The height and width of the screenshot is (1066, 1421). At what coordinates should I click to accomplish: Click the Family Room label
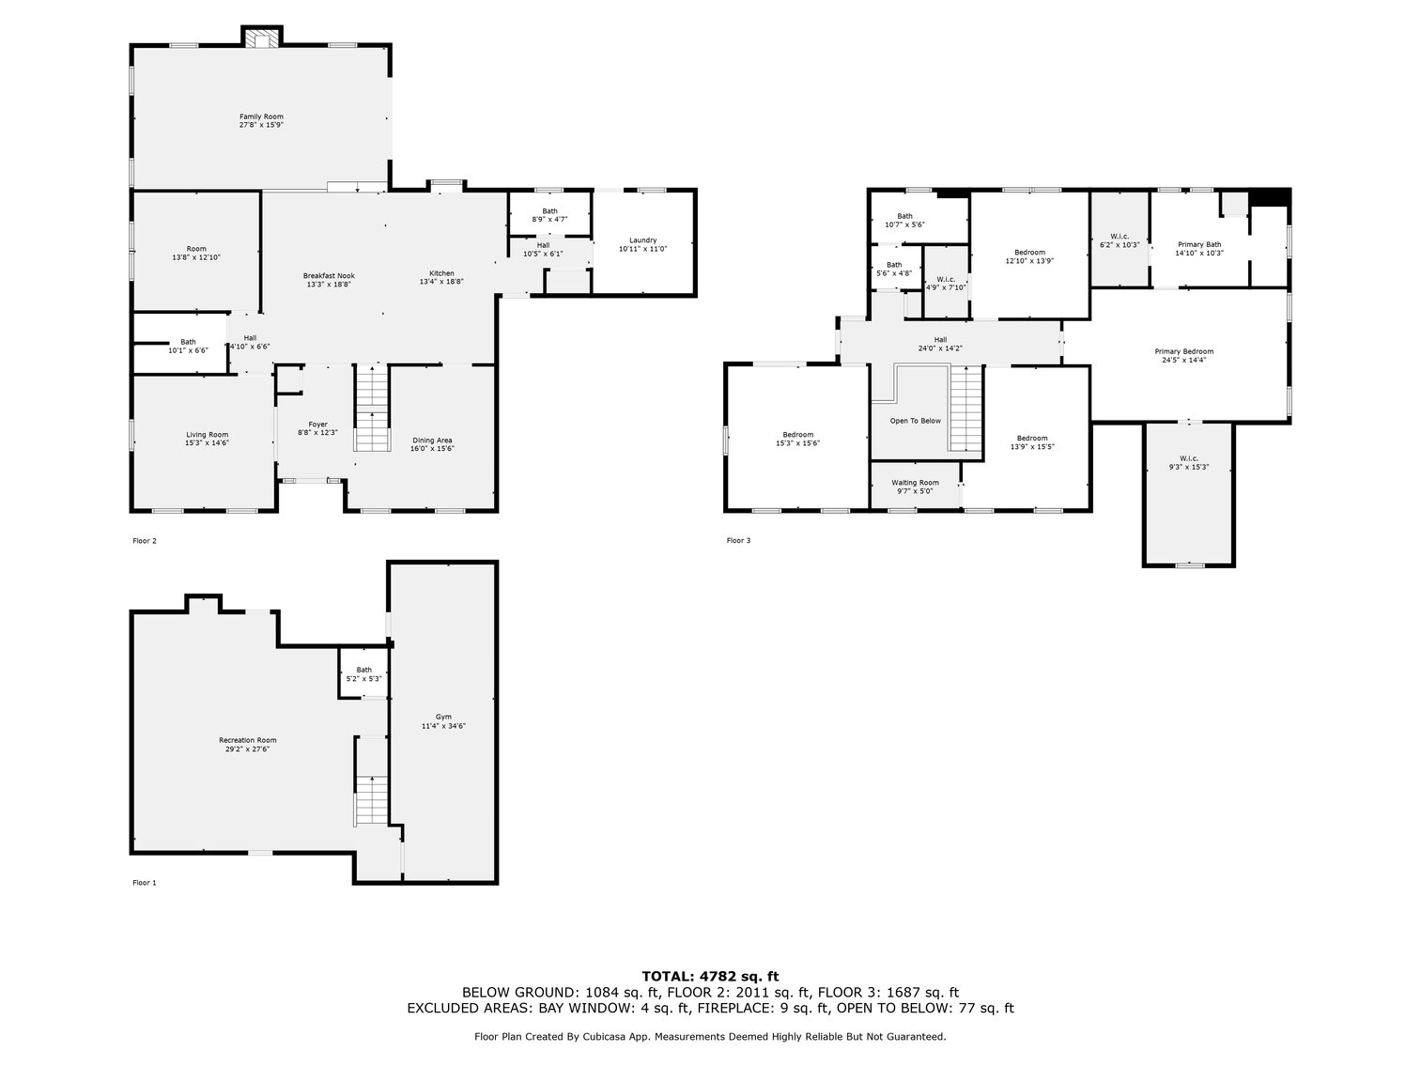tap(260, 116)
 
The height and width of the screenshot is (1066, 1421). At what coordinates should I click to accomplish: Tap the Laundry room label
tap(642, 239)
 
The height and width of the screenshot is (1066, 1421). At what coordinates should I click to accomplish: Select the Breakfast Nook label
tap(329, 275)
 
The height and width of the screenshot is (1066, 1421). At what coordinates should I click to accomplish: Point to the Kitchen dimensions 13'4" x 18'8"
tap(440, 282)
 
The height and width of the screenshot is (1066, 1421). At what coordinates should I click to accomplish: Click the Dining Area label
tap(432, 440)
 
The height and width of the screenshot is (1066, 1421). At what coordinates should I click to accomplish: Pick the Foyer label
tap(318, 424)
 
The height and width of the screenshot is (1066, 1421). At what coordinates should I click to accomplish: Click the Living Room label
tap(207, 434)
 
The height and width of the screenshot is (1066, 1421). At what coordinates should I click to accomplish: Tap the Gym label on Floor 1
tap(444, 717)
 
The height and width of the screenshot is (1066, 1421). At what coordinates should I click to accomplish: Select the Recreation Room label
tap(247, 739)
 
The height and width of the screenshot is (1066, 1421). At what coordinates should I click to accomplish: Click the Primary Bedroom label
tap(1182, 351)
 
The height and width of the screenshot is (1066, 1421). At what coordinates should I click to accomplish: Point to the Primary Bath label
tap(1199, 244)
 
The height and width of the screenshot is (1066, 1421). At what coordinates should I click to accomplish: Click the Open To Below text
tap(915, 421)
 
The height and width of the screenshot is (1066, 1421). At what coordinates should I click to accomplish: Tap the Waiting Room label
tap(915, 482)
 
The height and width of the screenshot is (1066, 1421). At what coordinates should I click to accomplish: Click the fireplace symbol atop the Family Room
tap(261, 39)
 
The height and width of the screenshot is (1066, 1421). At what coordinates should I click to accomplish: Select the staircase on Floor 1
tap(372, 798)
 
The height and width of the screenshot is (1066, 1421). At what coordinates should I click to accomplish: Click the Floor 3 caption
tap(738, 540)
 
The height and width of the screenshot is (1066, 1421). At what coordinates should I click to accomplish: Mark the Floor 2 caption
tap(145, 540)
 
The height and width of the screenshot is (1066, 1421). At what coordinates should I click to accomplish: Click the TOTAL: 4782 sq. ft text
tap(710, 976)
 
